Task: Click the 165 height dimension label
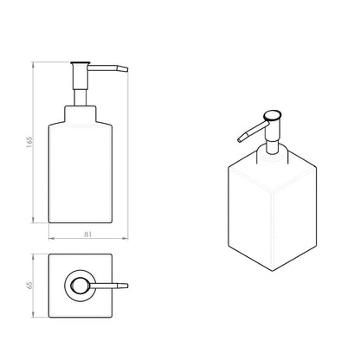click(29, 141)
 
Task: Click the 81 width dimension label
click(87, 235)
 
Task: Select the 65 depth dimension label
click(29, 286)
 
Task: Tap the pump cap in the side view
click(80, 63)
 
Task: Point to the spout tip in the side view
click(127, 70)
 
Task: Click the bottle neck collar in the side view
click(80, 115)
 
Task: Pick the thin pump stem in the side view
click(80, 97)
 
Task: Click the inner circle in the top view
click(78, 286)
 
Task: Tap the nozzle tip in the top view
click(127, 286)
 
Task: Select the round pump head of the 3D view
click(273, 115)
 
